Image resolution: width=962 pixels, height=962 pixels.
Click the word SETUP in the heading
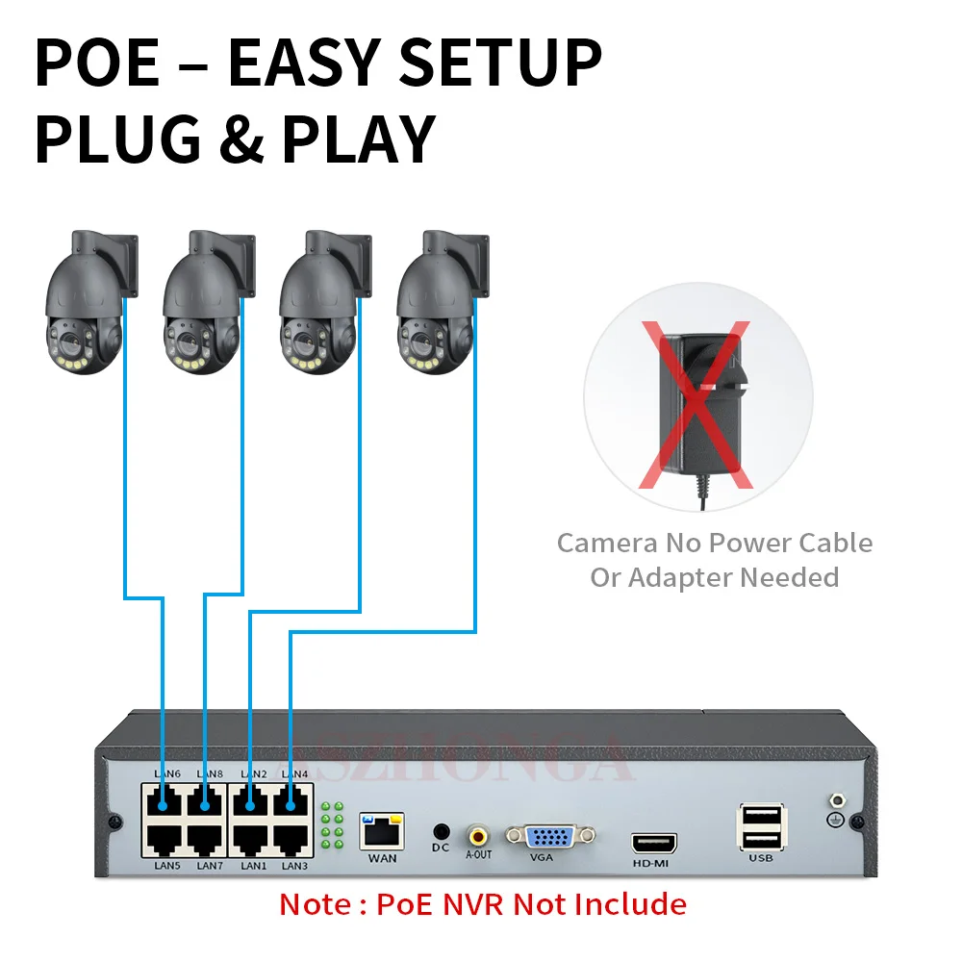[500, 63]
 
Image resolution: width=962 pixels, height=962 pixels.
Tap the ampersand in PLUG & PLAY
[240, 139]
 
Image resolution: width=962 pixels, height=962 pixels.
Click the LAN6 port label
[167, 773]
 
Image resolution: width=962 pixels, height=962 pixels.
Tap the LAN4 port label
[294, 773]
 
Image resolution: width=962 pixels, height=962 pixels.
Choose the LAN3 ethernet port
[293, 838]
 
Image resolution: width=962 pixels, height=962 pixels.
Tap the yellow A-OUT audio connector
[478, 832]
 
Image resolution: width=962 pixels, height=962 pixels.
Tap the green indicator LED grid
[332, 825]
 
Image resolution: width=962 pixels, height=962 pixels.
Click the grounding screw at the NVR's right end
[835, 800]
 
